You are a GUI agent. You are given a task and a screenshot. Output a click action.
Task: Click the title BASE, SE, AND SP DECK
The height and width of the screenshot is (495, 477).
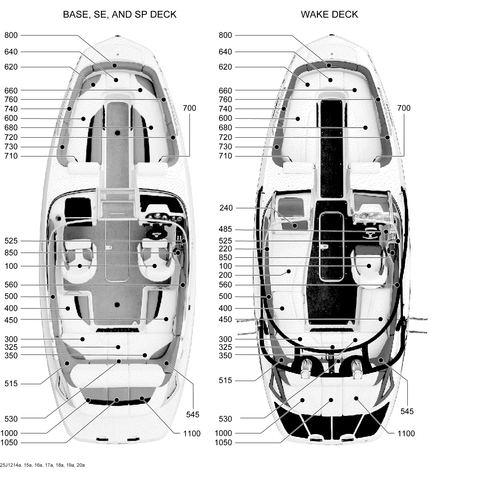tap(120, 15)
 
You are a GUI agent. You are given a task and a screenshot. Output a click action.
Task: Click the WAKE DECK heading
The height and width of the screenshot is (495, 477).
tap(329, 15)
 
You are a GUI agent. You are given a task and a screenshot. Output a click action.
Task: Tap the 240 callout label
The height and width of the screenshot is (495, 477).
tap(226, 208)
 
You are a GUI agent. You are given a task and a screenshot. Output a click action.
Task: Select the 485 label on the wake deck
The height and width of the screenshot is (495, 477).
tap(225, 229)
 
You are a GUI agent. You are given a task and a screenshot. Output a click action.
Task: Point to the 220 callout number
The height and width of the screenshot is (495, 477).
tap(225, 249)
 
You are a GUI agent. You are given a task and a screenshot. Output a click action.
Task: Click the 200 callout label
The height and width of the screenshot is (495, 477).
tap(225, 275)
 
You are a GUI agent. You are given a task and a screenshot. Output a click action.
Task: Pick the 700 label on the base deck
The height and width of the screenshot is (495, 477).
tap(189, 108)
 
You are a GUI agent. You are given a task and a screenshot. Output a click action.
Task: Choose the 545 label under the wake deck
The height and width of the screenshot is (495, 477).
tap(407, 411)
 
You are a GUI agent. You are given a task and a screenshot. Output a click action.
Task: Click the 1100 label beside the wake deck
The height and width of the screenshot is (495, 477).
tap(406, 434)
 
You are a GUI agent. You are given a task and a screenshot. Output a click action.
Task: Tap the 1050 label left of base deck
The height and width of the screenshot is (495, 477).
tap(9, 443)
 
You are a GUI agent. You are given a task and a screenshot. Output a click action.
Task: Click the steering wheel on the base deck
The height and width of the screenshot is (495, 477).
tap(156, 233)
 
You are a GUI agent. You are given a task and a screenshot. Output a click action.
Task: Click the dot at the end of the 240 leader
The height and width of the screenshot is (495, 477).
tap(295, 226)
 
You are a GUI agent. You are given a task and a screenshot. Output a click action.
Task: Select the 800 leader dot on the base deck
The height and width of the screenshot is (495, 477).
tap(115, 66)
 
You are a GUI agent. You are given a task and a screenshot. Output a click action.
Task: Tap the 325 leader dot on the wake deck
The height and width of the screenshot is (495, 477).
tap(332, 347)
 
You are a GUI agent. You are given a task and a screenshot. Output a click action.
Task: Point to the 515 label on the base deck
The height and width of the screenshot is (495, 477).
tap(11, 384)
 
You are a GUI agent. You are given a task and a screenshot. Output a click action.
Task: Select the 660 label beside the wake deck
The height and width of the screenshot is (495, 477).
tap(225, 91)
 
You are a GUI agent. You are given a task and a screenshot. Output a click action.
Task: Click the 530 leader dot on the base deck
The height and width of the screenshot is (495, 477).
tap(119, 361)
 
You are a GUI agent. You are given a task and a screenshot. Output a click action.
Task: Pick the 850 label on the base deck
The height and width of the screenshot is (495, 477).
tap(11, 253)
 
